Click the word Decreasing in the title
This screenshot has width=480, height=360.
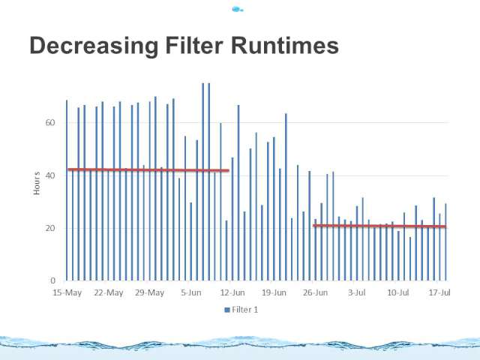click(94, 46)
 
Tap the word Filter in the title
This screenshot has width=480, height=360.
click(194, 45)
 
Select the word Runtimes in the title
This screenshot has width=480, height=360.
click(285, 45)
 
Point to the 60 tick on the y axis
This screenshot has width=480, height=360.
click(50, 123)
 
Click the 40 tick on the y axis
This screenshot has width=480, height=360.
click(50, 175)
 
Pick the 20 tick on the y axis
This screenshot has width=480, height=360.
click(50, 228)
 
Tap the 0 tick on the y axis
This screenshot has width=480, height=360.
click(53, 280)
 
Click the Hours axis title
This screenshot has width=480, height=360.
click(37, 183)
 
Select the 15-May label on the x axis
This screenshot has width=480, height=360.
click(67, 292)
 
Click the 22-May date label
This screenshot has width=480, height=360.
click(109, 292)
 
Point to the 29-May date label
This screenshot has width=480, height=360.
click(150, 292)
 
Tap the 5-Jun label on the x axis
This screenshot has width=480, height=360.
click(191, 292)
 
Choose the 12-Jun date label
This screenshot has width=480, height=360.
click(232, 292)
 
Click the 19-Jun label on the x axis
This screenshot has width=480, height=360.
click(274, 292)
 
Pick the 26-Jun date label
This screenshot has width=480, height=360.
click(315, 292)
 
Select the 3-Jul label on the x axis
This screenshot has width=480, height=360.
click(357, 292)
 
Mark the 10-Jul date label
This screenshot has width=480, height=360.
click(398, 292)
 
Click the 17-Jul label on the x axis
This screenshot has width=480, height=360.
click(439, 292)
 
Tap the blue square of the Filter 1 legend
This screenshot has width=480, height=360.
click(227, 310)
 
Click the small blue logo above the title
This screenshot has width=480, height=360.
click(237, 10)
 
